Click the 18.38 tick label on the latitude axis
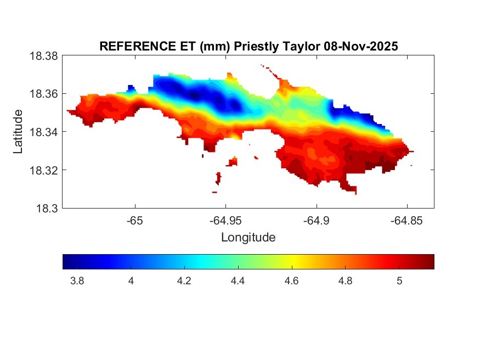click(44, 56)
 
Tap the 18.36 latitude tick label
click(44, 94)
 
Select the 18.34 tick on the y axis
click(44, 132)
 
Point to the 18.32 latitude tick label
click(44, 170)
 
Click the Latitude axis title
click(18, 132)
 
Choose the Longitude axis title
click(248, 238)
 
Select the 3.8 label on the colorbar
click(77, 281)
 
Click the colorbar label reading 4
click(131, 281)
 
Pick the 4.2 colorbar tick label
click(184, 281)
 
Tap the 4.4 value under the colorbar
click(238, 281)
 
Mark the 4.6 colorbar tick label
click(292, 281)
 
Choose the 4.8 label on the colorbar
click(346, 281)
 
